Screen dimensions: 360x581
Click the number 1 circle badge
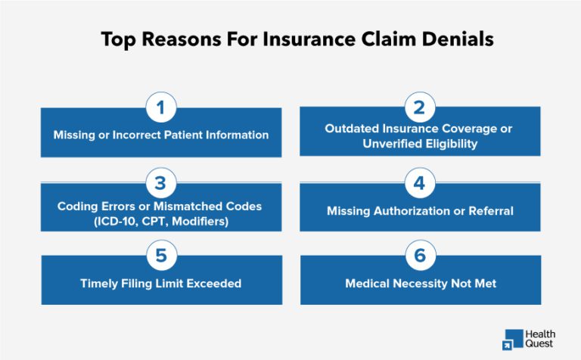[160, 108]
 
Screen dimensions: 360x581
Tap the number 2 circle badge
[419, 108]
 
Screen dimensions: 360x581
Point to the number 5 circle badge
[160, 256]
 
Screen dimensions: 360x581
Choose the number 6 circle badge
[419, 256]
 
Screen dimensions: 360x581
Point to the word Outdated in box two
[352, 129]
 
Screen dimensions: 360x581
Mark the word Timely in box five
[100, 284]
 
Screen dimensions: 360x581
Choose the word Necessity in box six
[421, 284]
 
